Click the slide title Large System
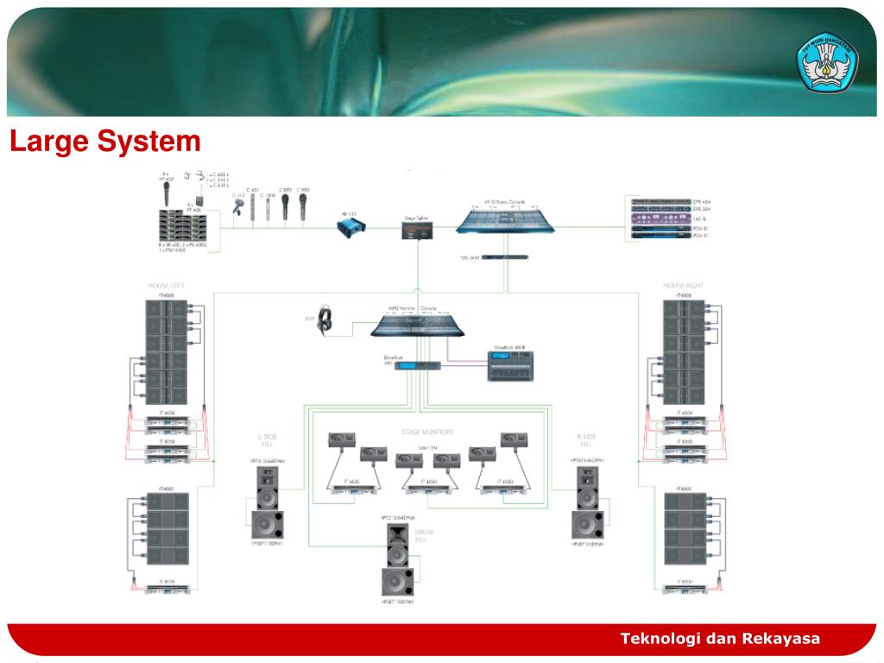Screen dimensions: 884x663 click(x=105, y=141)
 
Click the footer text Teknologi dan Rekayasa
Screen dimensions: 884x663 click(x=720, y=639)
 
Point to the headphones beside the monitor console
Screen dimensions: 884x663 click(x=325, y=319)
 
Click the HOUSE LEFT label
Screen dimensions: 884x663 click(x=166, y=285)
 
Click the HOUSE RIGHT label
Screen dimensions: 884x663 click(x=684, y=285)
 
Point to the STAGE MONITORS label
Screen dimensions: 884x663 click(x=427, y=432)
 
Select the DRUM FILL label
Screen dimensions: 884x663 click(x=423, y=536)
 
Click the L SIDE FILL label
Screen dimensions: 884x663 click(x=268, y=441)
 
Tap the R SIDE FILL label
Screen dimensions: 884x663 click(x=587, y=441)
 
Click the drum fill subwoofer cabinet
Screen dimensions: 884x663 click(x=398, y=581)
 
